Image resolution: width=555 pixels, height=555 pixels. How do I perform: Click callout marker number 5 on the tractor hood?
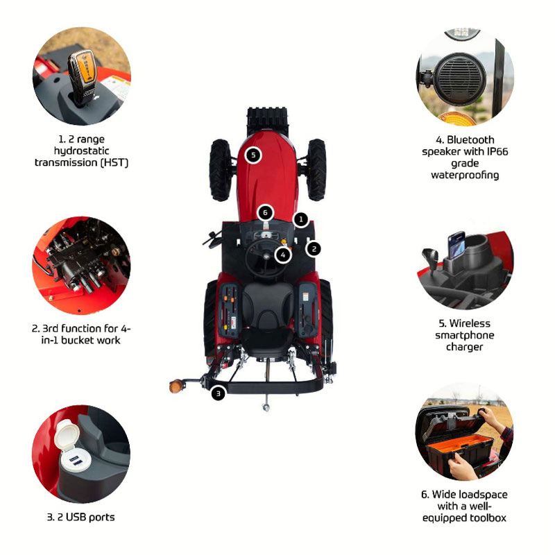click(253, 155)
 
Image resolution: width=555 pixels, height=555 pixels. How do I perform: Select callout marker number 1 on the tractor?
click(301, 219)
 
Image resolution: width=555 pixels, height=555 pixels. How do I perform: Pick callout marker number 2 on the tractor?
click(314, 249)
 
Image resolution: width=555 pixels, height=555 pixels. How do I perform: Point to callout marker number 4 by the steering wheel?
click(283, 255)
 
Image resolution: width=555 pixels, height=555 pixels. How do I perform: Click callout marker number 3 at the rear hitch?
click(218, 393)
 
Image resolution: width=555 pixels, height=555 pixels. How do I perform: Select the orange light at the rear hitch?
click(176, 386)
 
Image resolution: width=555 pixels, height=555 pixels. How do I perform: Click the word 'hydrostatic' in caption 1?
click(81, 151)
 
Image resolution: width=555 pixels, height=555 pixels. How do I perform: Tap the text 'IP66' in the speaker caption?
click(497, 151)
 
